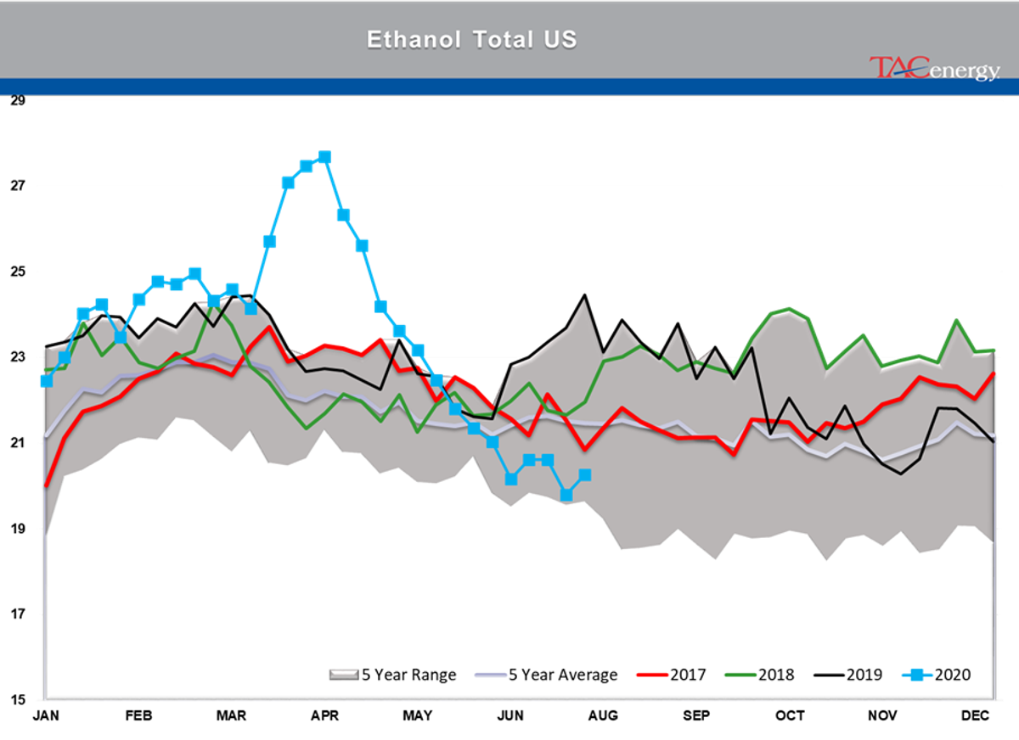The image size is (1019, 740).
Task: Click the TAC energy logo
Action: pyautogui.click(x=933, y=69)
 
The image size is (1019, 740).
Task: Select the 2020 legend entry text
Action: pyautogui.click(x=952, y=676)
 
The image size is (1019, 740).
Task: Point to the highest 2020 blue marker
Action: pyautogui.click(x=324, y=157)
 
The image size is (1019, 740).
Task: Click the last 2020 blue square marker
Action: pyautogui.click(x=585, y=475)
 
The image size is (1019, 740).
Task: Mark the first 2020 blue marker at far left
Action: pyautogui.click(x=46, y=381)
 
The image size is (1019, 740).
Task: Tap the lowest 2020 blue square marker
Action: pyautogui.click(x=566, y=495)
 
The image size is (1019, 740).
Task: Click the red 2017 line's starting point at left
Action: pyautogui.click(x=46, y=485)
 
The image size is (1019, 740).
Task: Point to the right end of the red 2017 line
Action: pyautogui.click(x=994, y=373)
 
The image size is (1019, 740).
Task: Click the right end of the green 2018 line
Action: pyautogui.click(x=994, y=350)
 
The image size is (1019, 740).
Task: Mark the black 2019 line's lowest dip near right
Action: pyautogui.click(x=901, y=474)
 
